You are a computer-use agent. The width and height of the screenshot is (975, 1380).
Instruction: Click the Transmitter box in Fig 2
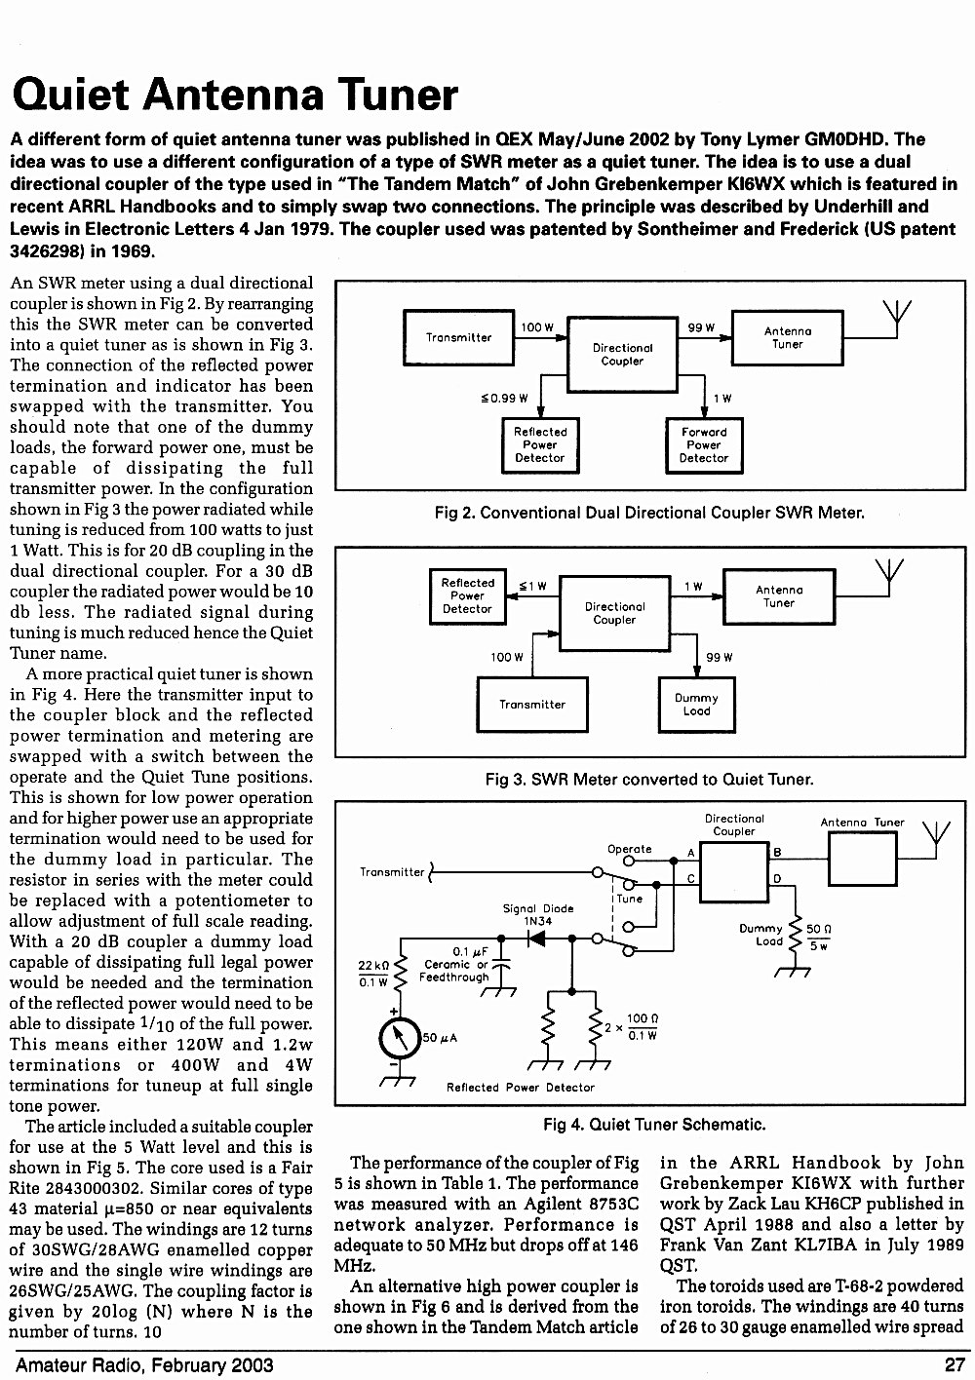click(458, 337)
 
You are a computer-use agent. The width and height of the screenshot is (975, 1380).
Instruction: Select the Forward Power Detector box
click(704, 445)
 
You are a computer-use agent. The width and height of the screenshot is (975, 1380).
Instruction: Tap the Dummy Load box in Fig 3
click(696, 705)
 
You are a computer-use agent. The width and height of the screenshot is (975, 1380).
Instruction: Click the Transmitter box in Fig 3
click(532, 705)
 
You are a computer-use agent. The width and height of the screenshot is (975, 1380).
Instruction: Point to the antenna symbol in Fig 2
click(897, 318)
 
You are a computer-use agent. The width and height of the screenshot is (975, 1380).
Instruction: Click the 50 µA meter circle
click(400, 1038)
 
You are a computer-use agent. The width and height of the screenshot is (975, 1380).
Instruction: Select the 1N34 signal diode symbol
click(537, 939)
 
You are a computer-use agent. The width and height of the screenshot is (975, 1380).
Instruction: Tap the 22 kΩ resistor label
click(373, 966)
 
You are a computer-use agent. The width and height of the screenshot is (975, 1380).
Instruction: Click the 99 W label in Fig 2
click(701, 327)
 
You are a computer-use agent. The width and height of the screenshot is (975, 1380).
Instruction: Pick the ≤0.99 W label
click(504, 399)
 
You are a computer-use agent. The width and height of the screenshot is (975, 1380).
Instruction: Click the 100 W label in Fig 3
click(507, 657)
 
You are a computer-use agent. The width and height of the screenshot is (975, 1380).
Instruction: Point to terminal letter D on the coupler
click(777, 879)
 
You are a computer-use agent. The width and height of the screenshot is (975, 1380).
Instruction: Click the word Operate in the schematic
click(629, 848)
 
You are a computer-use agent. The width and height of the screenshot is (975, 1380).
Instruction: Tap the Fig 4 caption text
click(654, 1125)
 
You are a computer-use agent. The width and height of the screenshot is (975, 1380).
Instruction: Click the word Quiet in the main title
click(71, 95)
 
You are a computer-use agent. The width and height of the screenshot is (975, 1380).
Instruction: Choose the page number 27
click(955, 1364)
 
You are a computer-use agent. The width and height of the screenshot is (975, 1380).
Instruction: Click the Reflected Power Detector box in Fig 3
click(468, 596)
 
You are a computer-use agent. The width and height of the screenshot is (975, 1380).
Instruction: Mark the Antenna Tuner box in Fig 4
click(862, 859)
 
